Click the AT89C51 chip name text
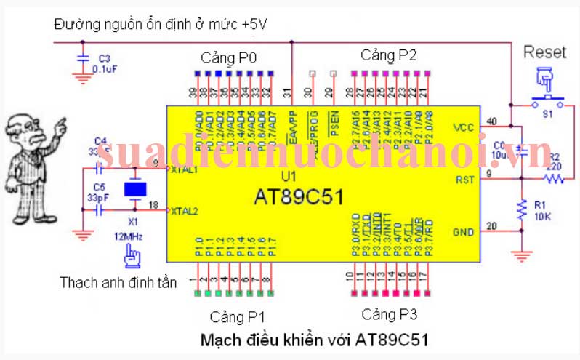point(299,196)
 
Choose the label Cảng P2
point(389,55)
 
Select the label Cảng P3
point(390,314)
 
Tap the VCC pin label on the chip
point(463,127)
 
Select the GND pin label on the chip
point(463,232)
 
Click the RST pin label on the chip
point(464,179)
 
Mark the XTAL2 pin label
point(183,212)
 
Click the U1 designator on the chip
point(289,177)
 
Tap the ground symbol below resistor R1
point(520,255)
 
